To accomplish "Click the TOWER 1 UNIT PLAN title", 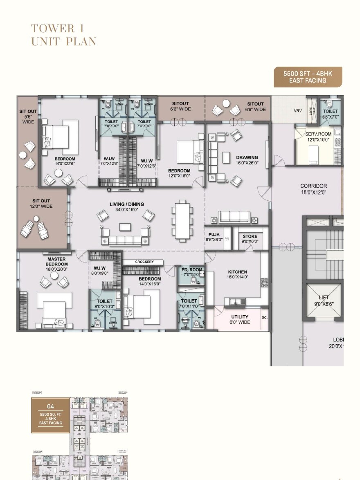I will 64,35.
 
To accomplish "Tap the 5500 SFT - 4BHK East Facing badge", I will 308,77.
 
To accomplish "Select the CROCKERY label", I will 144,262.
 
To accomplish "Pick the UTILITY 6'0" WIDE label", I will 240,319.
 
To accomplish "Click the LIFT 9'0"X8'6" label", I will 324,301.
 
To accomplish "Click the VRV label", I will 298,111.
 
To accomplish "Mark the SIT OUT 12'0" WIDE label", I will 41,204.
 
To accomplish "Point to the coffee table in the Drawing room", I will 227,157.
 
